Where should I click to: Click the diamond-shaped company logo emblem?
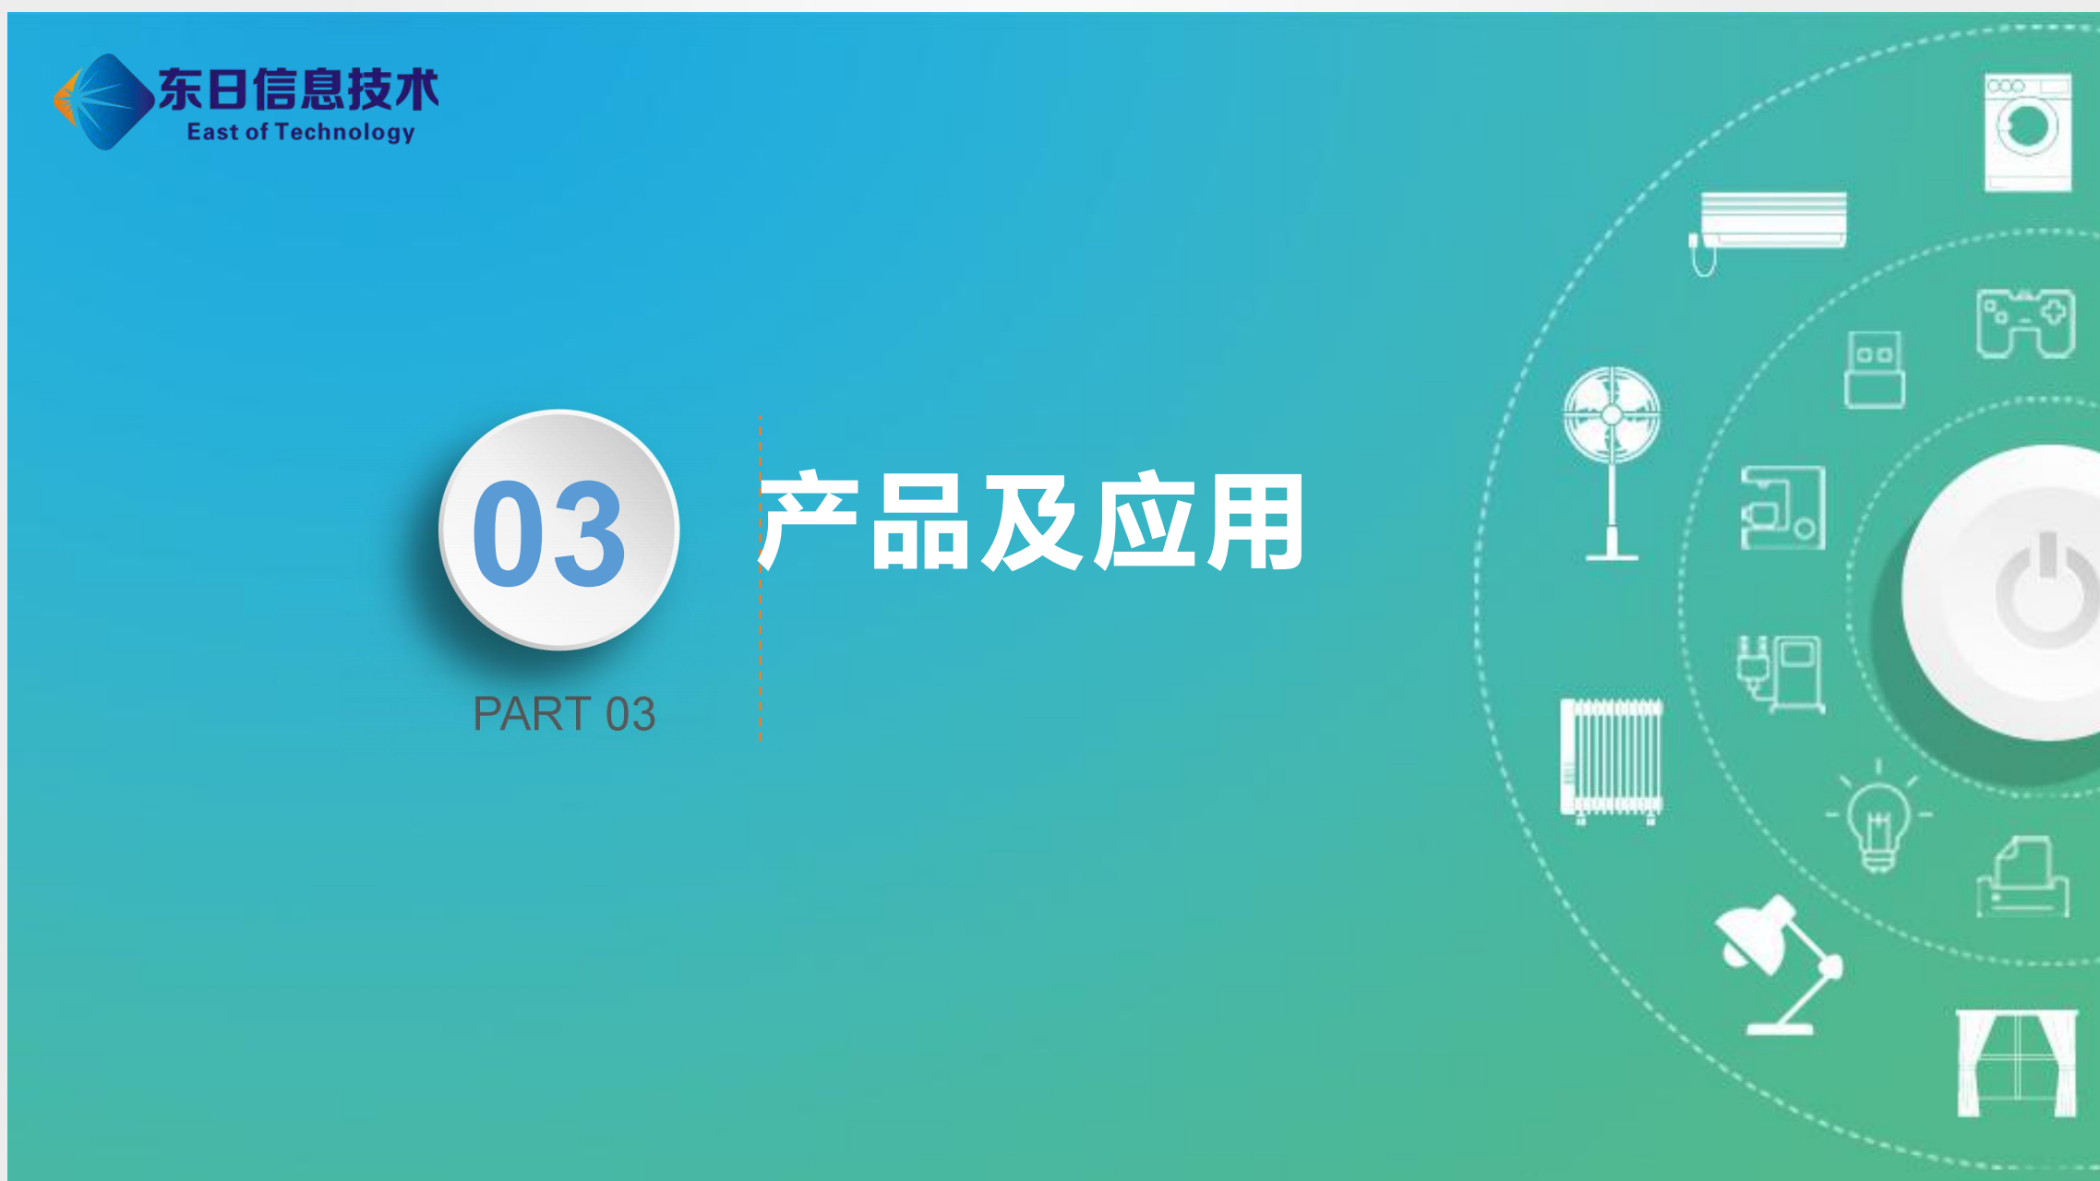tap(103, 101)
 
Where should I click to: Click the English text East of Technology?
tap(301, 133)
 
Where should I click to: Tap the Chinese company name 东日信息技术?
tap(298, 89)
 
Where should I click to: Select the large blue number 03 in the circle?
tap(549, 533)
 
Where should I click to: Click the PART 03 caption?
tap(564, 713)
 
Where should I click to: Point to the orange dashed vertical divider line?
tap(760, 578)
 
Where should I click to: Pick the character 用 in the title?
tap(1255, 521)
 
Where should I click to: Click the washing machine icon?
tap(2027, 133)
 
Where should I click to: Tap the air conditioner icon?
tap(1769, 231)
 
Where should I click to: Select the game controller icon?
tap(2025, 324)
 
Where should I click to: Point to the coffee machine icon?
tap(1782, 507)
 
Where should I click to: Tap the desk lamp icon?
tap(1778, 965)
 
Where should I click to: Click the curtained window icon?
tap(2017, 1063)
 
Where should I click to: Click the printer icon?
tap(2022, 877)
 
